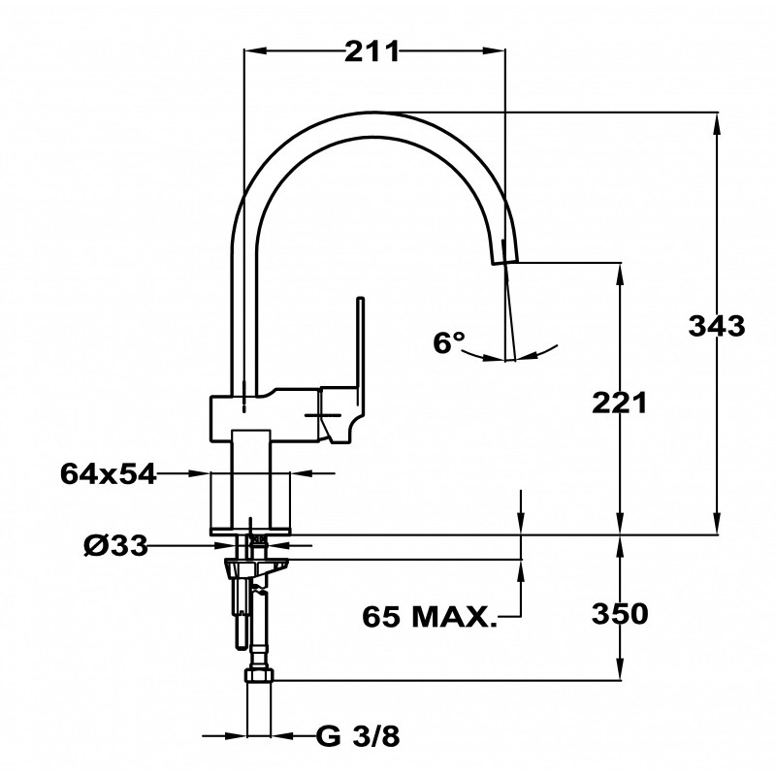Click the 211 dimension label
[x=372, y=51]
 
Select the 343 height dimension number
[x=717, y=326]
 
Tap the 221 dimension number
[x=620, y=403]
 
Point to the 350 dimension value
[x=620, y=614]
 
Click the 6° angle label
[x=449, y=342]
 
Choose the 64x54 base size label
[x=108, y=473]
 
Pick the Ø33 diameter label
[x=115, y=546]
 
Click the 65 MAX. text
[x=429, y=617]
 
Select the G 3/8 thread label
[x=357, y=737]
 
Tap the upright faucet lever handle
[x=360, y=346]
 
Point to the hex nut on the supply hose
[x=258, y=675]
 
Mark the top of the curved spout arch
[x=373, y=113]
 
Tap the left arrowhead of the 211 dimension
[x=255, y=50]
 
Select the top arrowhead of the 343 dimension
[x=717, y=124]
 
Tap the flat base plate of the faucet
[x=250, y=532]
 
